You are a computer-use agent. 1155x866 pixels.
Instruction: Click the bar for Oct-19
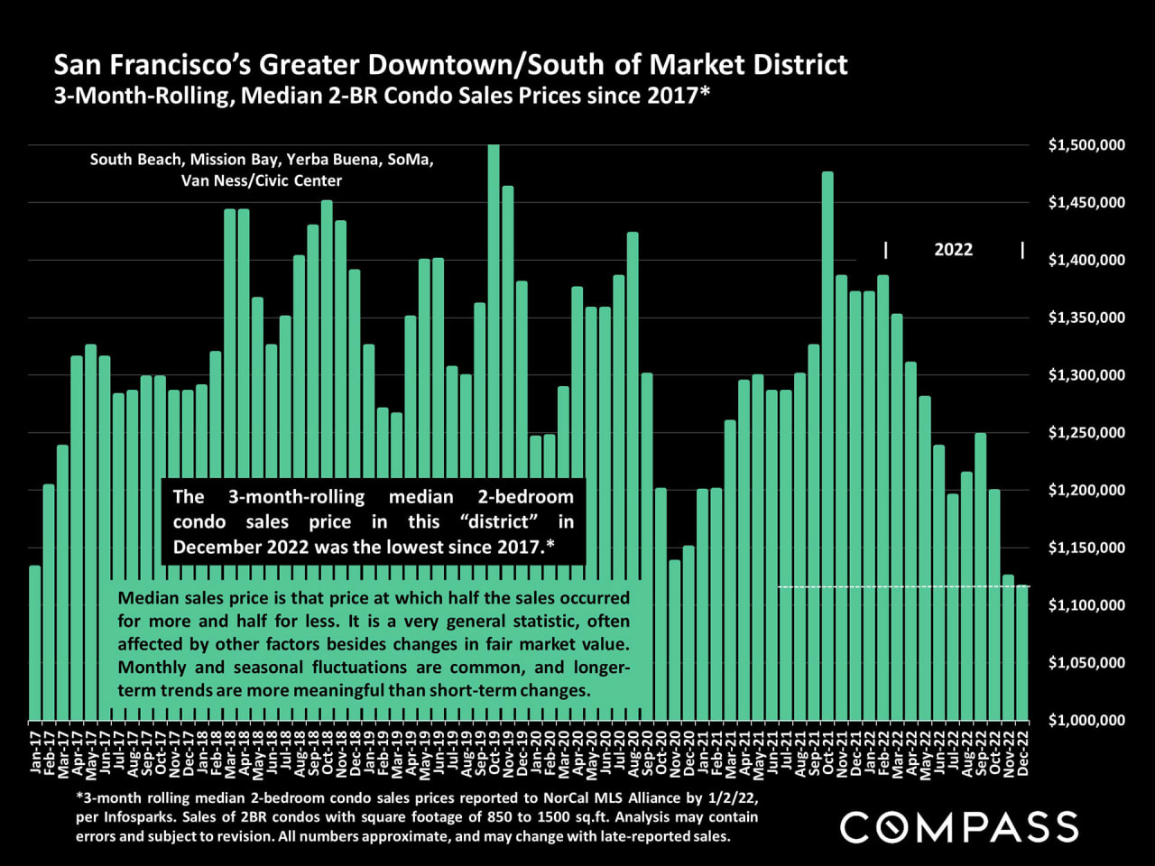tap(494, 361)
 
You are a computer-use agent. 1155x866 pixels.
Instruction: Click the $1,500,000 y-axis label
tap(1086, 145)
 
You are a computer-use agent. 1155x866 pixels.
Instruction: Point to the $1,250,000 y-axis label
tap(1086, 433)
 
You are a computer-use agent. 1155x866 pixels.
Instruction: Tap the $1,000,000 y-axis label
tap(1086, 720)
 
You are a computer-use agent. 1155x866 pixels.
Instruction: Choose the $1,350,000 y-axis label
tap(1086, 318)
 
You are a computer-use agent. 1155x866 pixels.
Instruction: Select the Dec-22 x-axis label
tap(1023, 751)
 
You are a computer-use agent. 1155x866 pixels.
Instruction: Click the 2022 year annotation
tap(953, 250)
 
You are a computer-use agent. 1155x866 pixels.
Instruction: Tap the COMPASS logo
tap(959, 827)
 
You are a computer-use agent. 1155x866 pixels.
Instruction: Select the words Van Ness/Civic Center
tap(262, 180)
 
